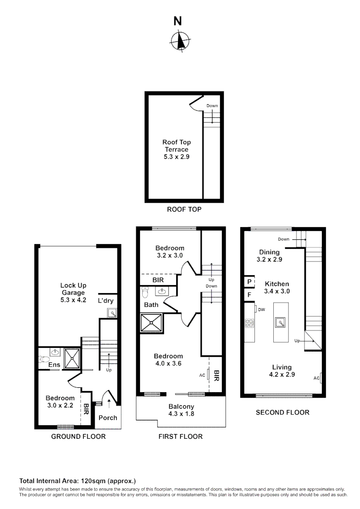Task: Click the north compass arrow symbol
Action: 179,41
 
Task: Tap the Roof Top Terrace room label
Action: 176,149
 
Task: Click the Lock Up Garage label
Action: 73,292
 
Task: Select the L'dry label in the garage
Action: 106,300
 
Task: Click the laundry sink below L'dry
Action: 112,312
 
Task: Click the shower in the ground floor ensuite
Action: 72,358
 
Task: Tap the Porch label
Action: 108,418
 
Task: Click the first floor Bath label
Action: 151,305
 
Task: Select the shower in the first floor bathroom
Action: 151,323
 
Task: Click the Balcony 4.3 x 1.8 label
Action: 181,410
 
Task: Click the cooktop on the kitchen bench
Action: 249,323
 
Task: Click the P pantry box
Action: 248,282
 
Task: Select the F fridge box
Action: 248,296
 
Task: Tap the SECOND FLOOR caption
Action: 282,412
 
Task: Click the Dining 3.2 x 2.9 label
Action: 268,255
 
